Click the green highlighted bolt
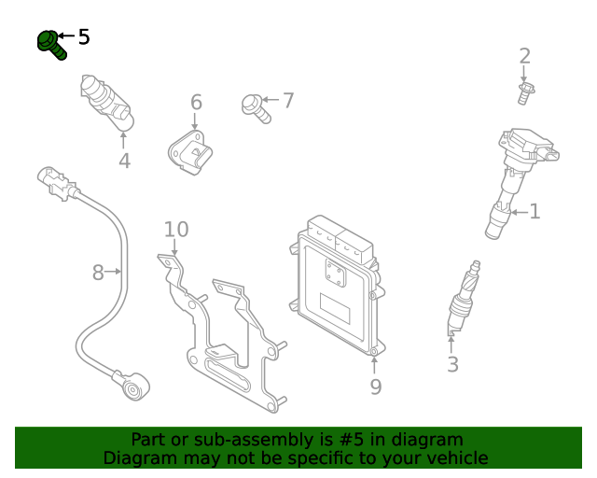click(50, 44)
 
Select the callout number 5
click(84, 37)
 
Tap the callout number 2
click(524, 56)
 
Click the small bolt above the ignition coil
click(524, 92)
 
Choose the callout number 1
click(535, 212)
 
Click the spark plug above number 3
click(464, 297)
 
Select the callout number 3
click(452, 364)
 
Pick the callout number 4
click(124, 162)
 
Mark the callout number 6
click(196, 102)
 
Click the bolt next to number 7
click(255, 106)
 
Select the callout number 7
click(288, 100)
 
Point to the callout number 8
click(97, 273)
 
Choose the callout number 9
click(375, 387)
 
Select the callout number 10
click(176, 230)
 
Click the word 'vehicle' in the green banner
click(456, 458)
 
